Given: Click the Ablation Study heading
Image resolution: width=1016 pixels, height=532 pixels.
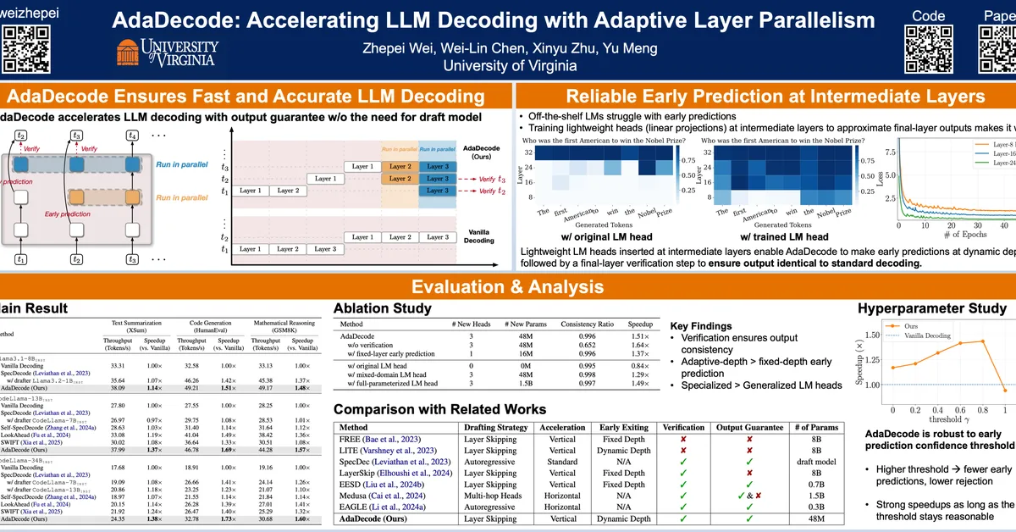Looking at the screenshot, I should [x=382, y=308].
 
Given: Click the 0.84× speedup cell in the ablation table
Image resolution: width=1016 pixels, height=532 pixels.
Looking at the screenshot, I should [x=640, y=366].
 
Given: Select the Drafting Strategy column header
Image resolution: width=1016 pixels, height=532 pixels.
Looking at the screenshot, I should [x=496, y=428].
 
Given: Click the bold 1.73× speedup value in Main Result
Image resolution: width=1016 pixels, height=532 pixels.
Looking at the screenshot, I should [x=226, y=518].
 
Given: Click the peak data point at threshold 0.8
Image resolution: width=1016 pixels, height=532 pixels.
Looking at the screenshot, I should [x=981, y=341].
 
